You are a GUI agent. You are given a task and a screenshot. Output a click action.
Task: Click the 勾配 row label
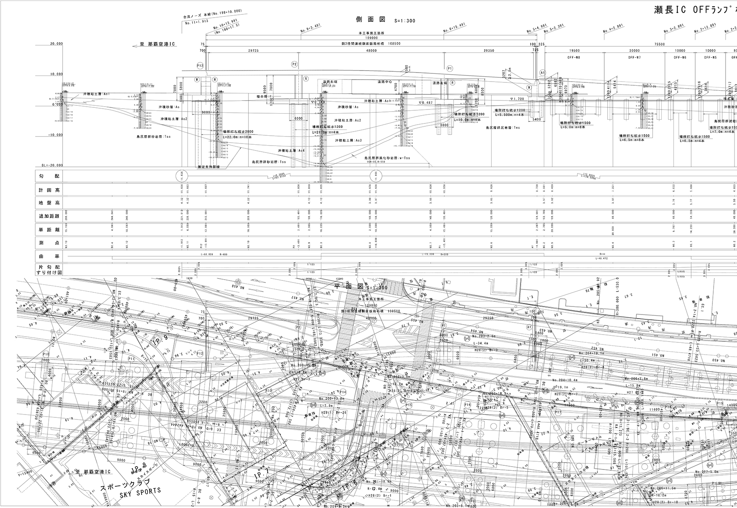coord(49,176)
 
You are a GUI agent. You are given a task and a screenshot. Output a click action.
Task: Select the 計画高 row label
coord(49,190)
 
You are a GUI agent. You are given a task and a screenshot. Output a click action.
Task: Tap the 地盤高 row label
coord(49,203)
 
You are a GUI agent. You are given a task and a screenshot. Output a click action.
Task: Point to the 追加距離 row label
coord(49,216)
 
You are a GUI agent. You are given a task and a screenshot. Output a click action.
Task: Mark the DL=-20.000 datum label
coord(52,165)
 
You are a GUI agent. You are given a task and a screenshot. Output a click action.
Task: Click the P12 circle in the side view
coord(200,65)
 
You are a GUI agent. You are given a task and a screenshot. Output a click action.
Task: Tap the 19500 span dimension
coord(574,50)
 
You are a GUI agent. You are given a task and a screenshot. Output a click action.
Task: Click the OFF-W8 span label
coord(574,57)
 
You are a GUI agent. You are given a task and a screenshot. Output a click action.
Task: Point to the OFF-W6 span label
coord(680,57)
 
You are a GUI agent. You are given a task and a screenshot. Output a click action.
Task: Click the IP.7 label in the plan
coord(262,474)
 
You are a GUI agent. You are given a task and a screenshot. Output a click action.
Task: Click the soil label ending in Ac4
coord(291,150)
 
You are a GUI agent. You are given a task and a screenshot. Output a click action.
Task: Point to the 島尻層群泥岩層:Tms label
coord(503,128)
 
